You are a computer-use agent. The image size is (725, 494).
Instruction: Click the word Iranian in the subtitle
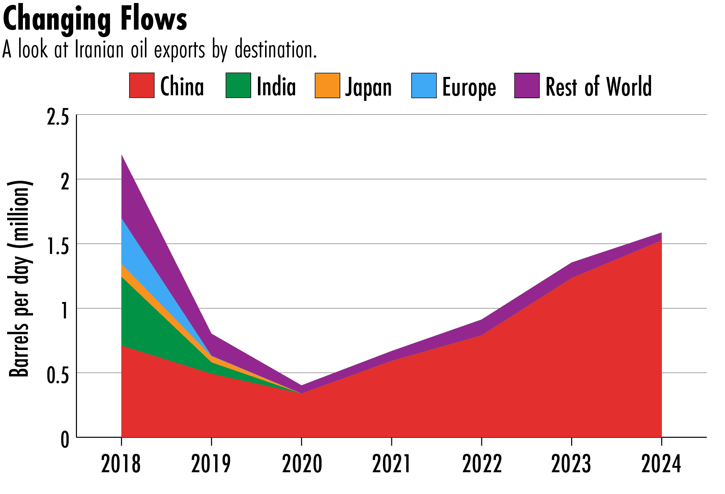coord(99,50)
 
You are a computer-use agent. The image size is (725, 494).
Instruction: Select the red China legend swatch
coord(142,86)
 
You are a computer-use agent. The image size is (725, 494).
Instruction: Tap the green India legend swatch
coord(238,86)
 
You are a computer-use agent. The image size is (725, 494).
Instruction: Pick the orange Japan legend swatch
coord(327,86)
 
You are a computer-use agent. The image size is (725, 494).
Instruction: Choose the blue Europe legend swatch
coord(424,86)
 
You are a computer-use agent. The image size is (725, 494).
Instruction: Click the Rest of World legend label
coord(598,87)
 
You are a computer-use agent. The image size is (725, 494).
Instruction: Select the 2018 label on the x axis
coord(121,464)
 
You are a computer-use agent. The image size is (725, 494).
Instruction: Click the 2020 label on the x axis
coord(302,464)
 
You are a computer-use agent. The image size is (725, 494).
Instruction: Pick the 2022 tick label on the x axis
coord(482,464)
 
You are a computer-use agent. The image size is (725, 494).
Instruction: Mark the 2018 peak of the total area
coord(122,155)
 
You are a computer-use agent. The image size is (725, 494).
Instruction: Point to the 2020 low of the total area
coord(301,386)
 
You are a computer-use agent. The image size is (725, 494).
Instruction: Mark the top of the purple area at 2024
coord(661,233)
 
